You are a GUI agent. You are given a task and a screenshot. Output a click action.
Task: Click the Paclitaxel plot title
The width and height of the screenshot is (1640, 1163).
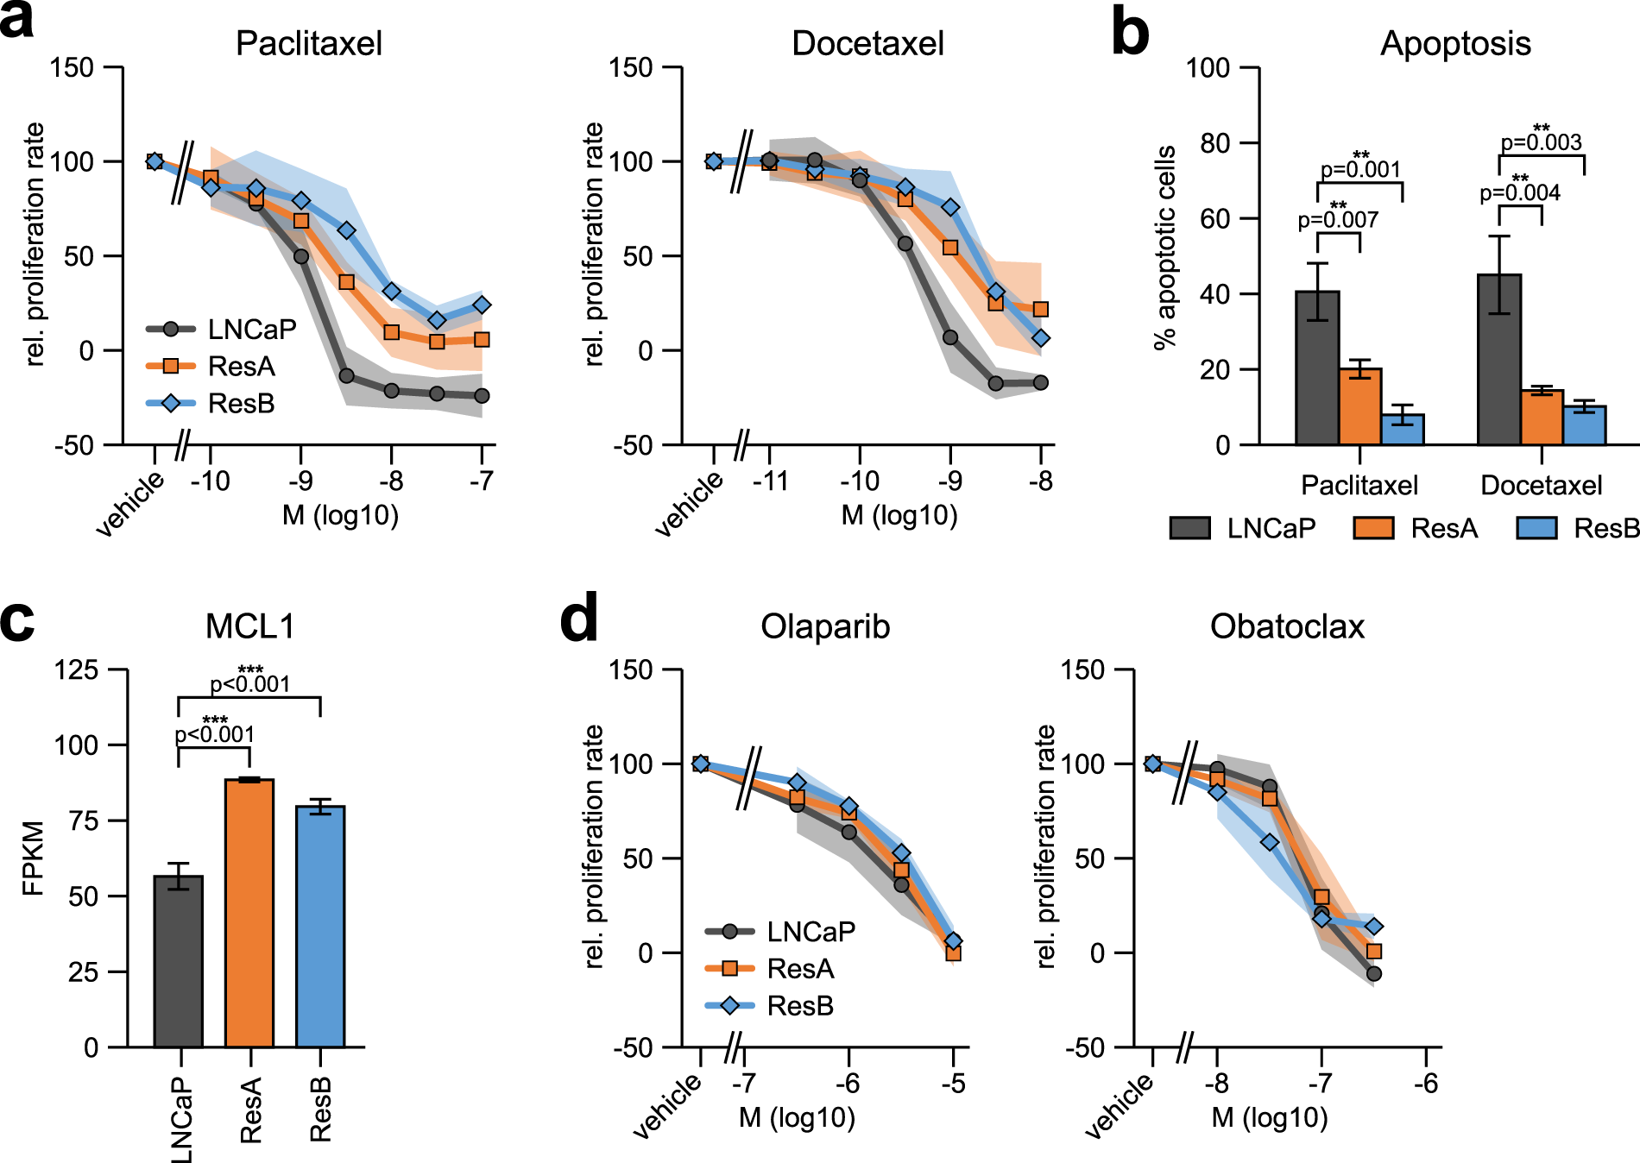coord(308,43)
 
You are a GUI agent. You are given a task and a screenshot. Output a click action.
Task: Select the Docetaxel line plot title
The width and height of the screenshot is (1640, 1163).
coord(867,43)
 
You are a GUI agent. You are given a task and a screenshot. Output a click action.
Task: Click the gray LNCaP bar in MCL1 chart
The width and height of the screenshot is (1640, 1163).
coord(179,961)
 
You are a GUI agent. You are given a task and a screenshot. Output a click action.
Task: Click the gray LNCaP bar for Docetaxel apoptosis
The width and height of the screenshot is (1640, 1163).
coord(1499,359)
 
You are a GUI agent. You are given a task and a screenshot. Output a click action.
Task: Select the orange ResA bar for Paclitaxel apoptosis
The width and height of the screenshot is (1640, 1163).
coord(1360,406)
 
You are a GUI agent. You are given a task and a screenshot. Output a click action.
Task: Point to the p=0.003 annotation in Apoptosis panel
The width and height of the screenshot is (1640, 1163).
coord(1541,142)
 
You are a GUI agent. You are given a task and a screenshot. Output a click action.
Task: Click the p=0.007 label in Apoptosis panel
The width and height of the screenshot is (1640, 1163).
coord(1338,220)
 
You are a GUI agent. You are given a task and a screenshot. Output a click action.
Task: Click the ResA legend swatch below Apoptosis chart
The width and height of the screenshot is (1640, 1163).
coord(1374,528)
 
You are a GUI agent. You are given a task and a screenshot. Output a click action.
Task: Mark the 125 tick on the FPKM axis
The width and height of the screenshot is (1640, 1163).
coord(77,670)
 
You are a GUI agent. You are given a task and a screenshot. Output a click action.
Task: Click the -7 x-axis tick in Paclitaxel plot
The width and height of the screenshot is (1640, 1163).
coord(482,481)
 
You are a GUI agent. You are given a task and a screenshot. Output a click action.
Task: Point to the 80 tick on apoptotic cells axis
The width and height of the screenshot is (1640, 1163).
coord(1214,142)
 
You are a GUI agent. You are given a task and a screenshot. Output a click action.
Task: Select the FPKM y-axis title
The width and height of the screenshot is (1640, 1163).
coord(33,858)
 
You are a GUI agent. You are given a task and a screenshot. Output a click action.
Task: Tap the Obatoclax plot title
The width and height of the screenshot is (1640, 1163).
coord(1287,626)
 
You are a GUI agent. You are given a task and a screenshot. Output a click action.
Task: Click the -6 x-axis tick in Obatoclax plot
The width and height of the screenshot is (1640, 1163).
coord(1426,1083)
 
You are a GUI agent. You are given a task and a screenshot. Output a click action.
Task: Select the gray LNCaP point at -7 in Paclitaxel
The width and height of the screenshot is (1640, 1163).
coord(482,396)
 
